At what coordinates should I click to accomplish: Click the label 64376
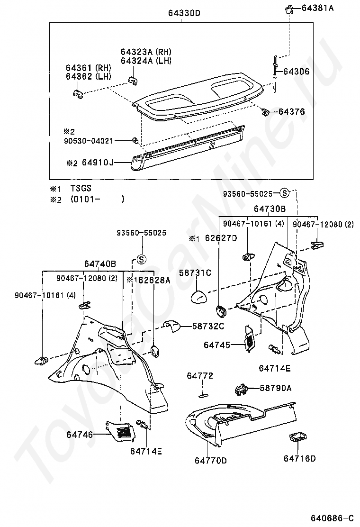click(x=291, y=112)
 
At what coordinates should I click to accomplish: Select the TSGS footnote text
click(x=81, y=188)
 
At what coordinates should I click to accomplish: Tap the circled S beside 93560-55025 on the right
click(x=284, y=192)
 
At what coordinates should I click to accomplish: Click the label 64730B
click(x=270, y=209)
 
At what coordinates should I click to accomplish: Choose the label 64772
click(x=200, y=376)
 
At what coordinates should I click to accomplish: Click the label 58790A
click(x=276, y=388)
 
